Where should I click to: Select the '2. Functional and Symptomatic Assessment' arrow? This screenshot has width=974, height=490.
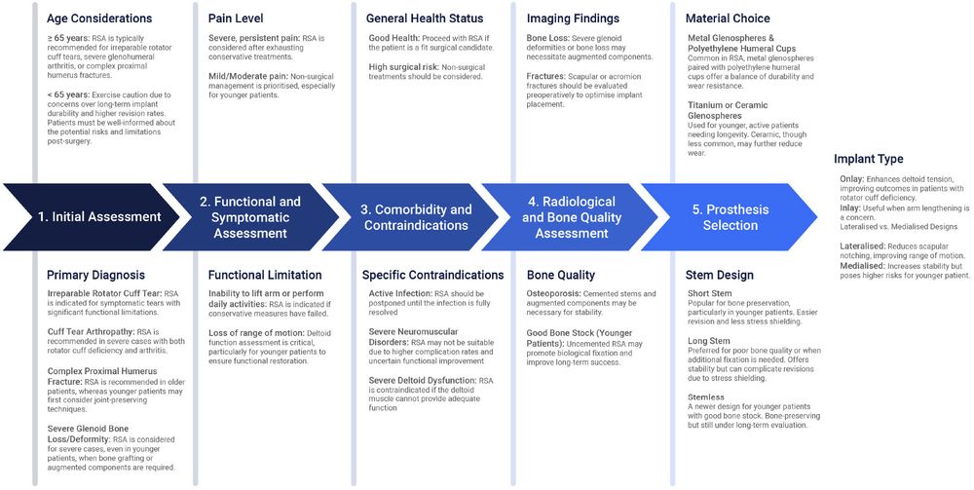[x=250, y=217]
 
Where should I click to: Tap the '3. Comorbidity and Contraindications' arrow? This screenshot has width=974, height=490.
[x=416, y=217]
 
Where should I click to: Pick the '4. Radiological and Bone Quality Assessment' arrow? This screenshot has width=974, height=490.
[x=572, y=217]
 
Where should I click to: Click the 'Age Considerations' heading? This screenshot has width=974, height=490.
[x=99, y=19]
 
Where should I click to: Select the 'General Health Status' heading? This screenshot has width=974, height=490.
[x=426, y=19]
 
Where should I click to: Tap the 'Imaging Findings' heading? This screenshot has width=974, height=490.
[x=573, y=19]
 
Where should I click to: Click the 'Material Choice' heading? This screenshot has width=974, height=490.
[x=728, y=19]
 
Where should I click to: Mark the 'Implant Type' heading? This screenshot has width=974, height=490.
[x=869, y=159]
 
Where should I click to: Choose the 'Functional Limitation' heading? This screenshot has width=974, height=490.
[x=263, y=276]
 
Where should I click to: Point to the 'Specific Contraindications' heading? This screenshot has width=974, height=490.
[x=432, y=276]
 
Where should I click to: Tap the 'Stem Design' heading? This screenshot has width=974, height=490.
[x=720, y=276]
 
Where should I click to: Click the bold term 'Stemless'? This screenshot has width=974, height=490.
[x=706, y=398]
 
